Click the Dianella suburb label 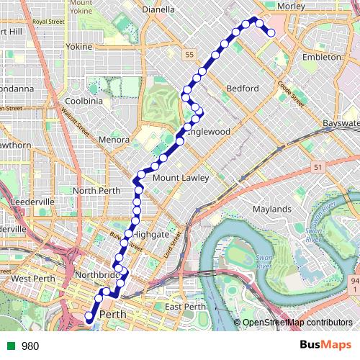click(158, 10)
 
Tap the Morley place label click(291, 6)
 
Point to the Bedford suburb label click(242, 89)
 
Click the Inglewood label click(208, 132)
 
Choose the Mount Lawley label click(181, 178)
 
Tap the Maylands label click(271, 210)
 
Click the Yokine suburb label click(79, 47)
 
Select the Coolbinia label click(84, 102)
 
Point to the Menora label click(114, 140)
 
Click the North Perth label click(94, 190)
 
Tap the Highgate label click(151, 235)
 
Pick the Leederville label click(32, 202)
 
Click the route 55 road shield click(189, 55)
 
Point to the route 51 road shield click(317, 167)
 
